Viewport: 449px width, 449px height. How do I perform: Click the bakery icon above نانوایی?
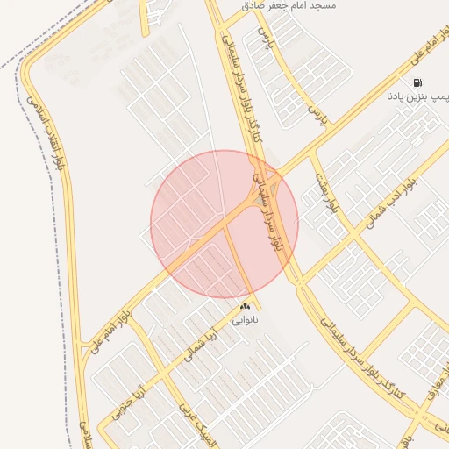[x=245, y=306]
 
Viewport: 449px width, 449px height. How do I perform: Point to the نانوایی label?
[x=245, y=320]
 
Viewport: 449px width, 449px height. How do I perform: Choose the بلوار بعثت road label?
[x=326, y=195]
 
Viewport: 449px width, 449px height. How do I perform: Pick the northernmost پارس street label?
[x=265, y=39]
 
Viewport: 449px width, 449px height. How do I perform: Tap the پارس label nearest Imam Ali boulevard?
[x=317, y=117]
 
